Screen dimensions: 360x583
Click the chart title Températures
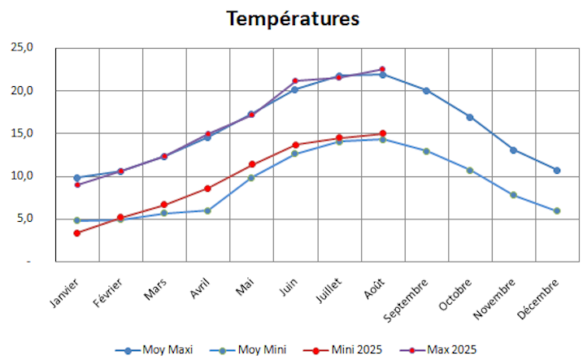point(293,18)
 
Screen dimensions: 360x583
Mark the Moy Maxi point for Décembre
point(557,170)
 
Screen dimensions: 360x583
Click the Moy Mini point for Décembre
point(557,210)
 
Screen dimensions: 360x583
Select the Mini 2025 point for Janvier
point(76,233)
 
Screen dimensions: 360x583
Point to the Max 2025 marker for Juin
point(295,81)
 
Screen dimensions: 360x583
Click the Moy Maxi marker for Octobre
point(469,117)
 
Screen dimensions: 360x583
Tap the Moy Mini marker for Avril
point(207,210)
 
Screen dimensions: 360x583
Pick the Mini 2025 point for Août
point(382,133)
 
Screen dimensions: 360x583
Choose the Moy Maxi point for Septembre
point(426,90)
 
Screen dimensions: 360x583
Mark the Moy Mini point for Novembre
point(513,195)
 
